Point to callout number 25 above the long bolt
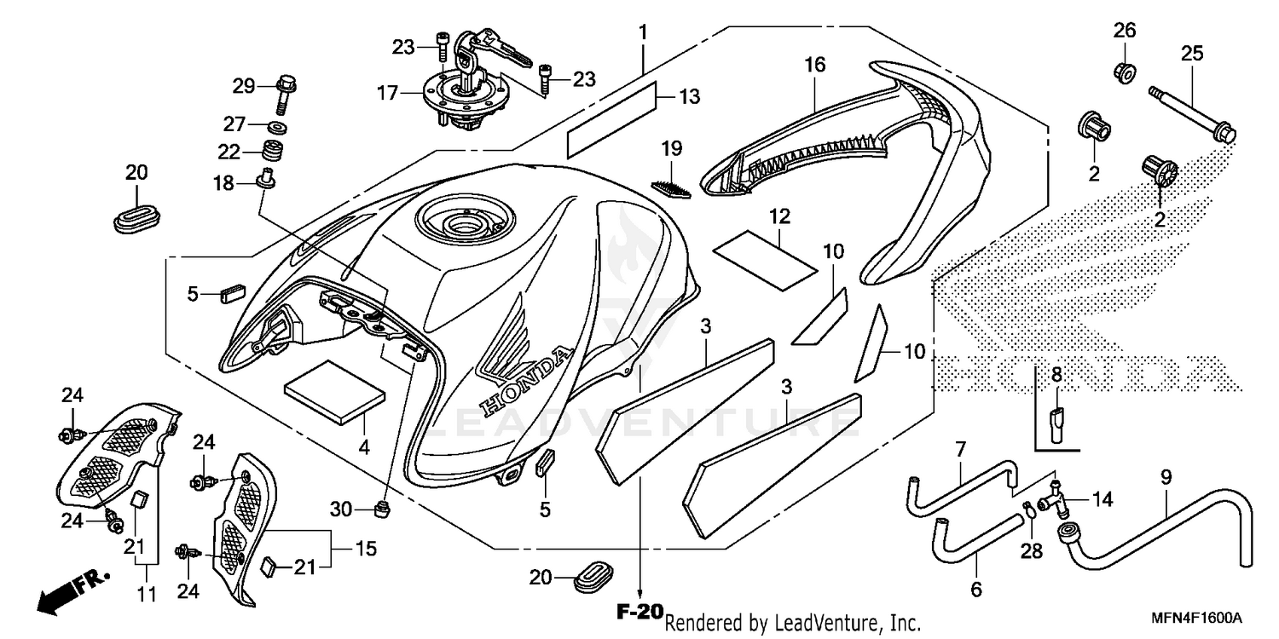point(1191,54)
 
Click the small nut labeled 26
point(1124,72)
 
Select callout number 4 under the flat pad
point(364,446)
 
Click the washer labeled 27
point(275,129)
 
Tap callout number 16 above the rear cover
point(814,64)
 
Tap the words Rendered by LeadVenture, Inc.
point(792,624)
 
